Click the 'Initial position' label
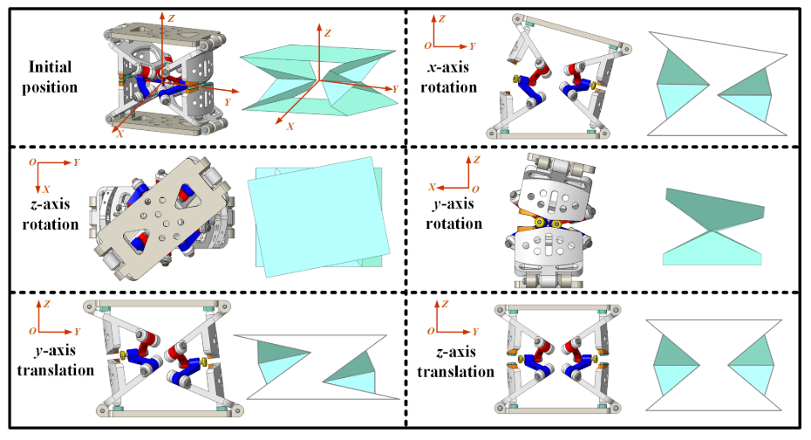[x=50, y=77]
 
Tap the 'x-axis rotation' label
[x=448, y=77]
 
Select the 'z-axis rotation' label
[x=51, y=214]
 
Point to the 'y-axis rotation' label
[x=453, y=213]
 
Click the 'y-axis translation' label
[x=55, y=360]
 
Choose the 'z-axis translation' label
[x=455, y=361]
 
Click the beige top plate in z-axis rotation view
[x=161, y=218]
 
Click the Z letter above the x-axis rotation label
[x=442, y=18]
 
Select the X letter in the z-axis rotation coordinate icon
[x=46, y=189]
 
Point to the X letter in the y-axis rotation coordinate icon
[x=433, y=187]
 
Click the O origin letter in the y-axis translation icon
[x=32, y=331]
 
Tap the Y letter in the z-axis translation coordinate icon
[x=474, y=331]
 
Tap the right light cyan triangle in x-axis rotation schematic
[x=751, y=107]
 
